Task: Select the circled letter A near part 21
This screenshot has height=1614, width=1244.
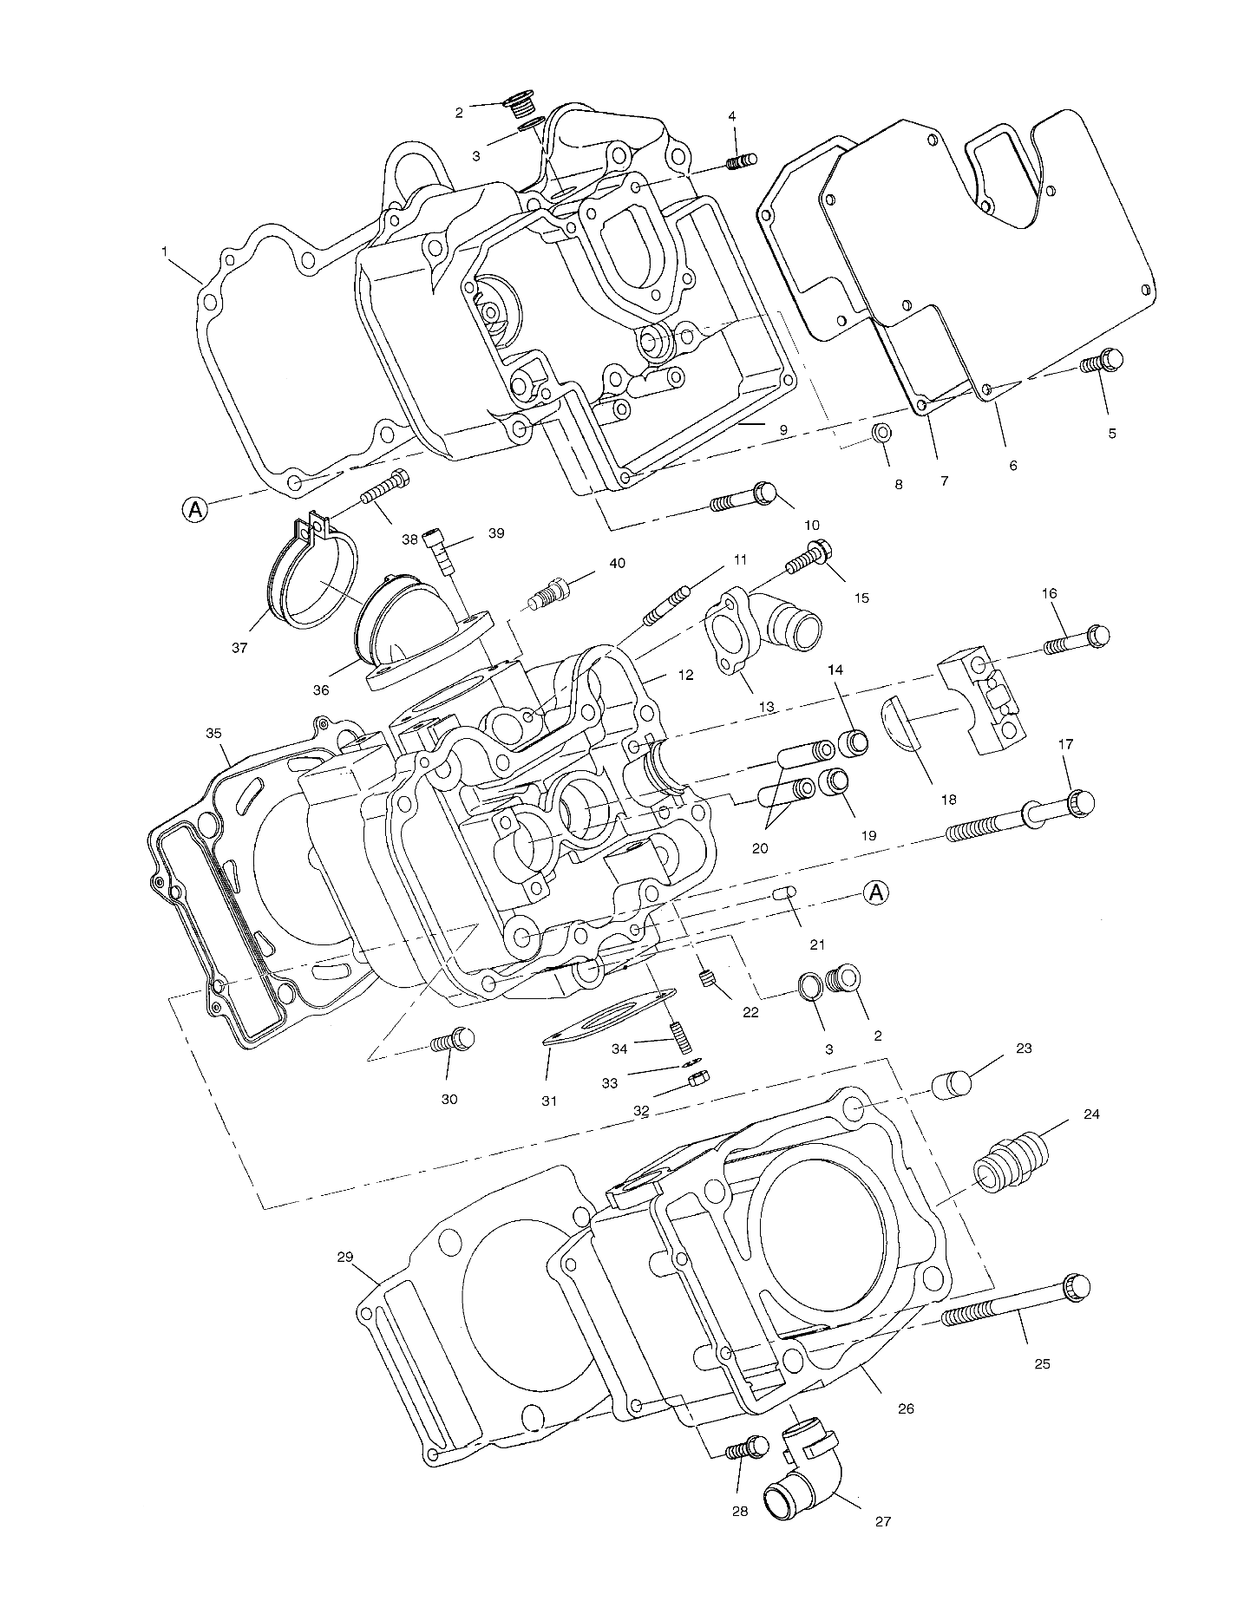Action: coord(877,892)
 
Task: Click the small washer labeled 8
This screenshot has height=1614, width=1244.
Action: coord(880,431)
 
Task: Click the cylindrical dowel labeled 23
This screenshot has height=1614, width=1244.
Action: coord(952,1084)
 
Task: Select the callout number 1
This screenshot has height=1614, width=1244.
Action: coord(164,251)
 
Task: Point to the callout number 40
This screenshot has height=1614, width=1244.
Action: coord(616,563)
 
